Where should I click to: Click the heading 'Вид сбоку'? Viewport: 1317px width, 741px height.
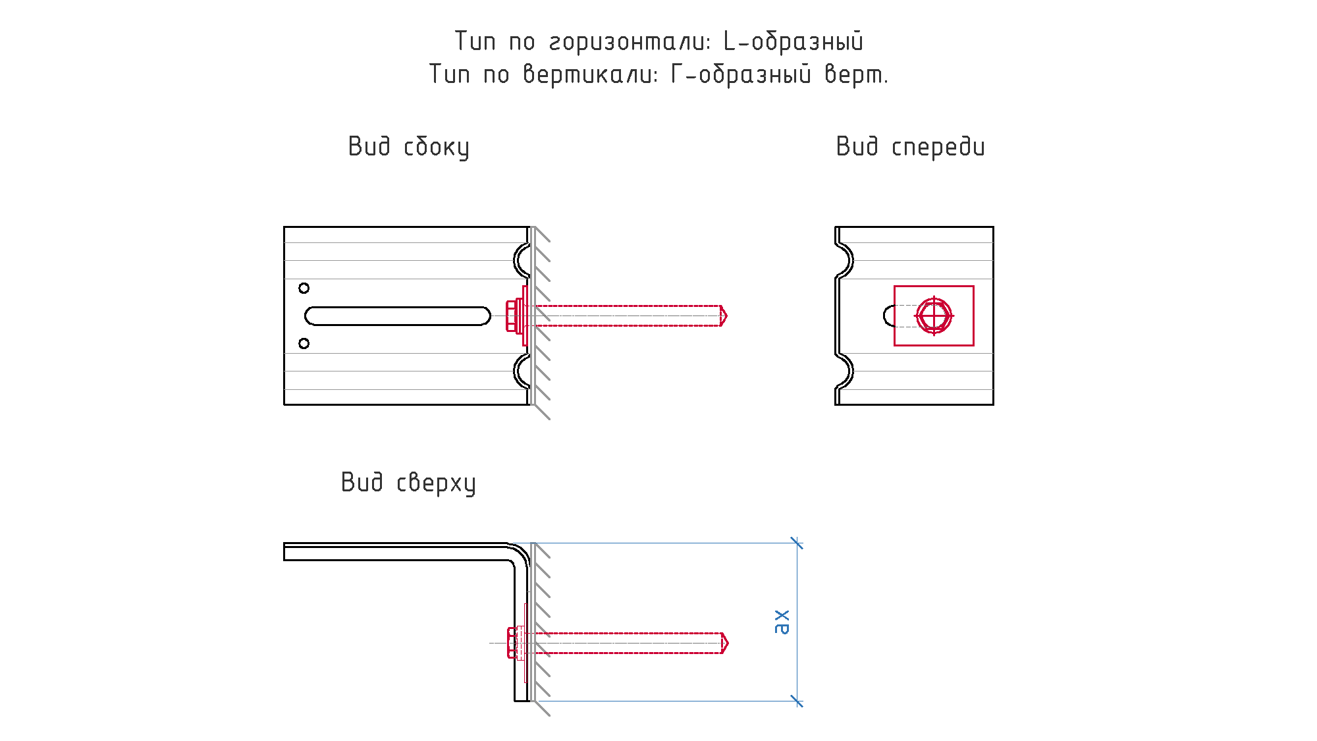tap(408, 147)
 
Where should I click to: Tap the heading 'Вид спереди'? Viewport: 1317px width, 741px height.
tap(910, 147)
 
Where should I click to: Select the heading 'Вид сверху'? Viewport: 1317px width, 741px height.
tap(408, 483)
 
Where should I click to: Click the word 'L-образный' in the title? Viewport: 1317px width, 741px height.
tap(793, 41)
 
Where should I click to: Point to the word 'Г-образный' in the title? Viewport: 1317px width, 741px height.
tap(741, 74)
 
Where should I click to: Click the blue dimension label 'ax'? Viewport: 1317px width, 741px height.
tap(781, 622)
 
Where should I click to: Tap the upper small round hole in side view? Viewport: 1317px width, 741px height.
tap(304, 288)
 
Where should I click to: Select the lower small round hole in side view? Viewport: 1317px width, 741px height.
tap(304, 343)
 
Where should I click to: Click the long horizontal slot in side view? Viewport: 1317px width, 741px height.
tap(398, 316)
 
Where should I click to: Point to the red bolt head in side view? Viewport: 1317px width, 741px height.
tap(511, 316)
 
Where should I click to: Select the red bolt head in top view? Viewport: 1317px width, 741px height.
tap(512, 643)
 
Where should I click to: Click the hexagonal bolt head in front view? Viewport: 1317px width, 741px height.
tap(934, 316)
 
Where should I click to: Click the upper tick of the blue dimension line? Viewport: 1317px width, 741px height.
tap(797, 543)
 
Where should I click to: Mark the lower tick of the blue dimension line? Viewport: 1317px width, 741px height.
tap(797, 701)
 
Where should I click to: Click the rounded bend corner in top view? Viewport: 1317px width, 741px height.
tap(520, 553)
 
